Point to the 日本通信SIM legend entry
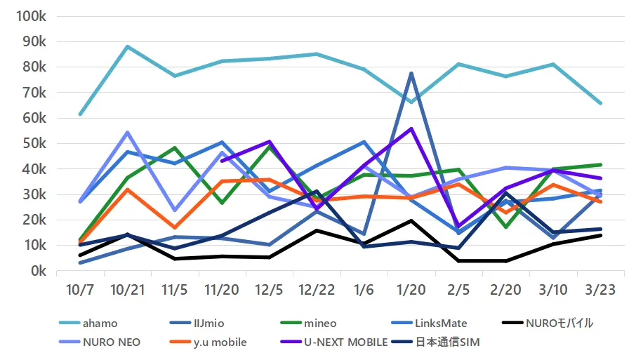456,342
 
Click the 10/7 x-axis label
81,289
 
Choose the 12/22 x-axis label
317,289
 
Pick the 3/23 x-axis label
600,289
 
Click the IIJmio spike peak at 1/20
411,73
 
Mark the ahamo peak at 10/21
127,46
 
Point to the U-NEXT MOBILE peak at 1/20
411,129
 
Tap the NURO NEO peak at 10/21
127,132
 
